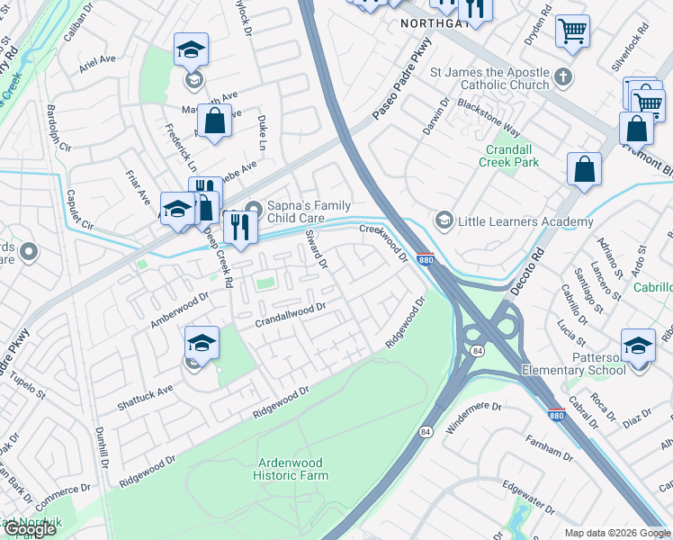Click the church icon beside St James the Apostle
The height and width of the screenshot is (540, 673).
pos(564,75)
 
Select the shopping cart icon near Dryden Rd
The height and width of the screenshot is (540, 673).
pos(572,32)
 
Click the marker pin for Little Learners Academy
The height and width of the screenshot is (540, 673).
pos(443,220)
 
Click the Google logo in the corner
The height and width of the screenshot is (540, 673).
pos(29,528)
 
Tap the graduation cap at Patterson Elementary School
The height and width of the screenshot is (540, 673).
pos(638,346)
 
